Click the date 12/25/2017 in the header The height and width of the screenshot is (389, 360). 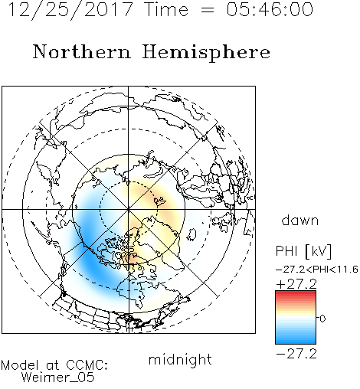point(70,10)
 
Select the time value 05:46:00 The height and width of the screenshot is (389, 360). point(270,9)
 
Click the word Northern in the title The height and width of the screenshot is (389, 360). point(82,51)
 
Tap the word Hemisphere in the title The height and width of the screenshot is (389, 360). point(206,52)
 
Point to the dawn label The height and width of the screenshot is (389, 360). point(300,220)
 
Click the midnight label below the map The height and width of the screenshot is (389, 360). point(180,360)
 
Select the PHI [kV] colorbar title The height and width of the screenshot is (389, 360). point(303,251)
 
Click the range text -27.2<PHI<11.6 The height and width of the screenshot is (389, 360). point(317,269)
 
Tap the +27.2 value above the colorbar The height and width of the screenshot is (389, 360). point(296,284)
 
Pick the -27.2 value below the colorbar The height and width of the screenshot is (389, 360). point(296,354)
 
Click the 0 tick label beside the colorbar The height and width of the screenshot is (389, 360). point(322,319)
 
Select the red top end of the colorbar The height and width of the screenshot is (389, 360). point(296,293)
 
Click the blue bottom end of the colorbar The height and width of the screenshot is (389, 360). point(296,342)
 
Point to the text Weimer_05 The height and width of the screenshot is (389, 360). point(57,378)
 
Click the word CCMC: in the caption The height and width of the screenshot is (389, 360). point(87,365)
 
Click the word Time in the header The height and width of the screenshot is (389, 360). point(166,9)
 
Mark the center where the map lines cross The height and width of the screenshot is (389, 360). point(129,209)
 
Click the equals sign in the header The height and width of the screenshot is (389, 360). point(208,10)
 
